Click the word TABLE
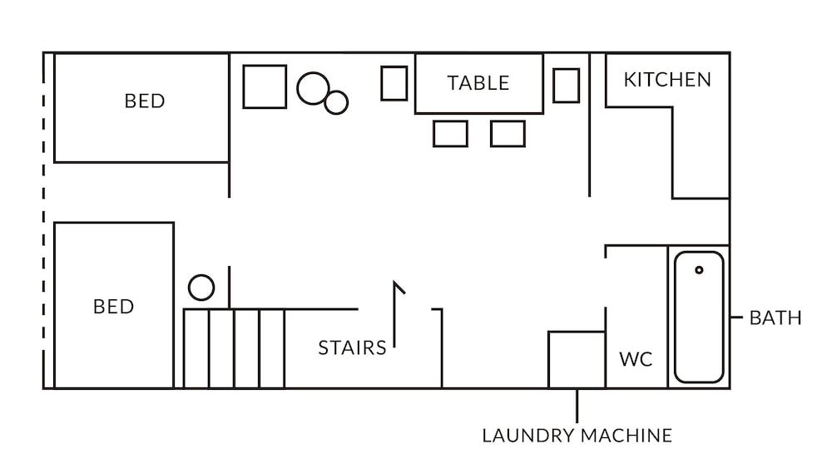click(478, 83)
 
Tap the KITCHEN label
click(667, 80)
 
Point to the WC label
click(636, 360)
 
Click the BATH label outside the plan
click(775, 318)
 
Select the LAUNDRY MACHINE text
click(577, 436)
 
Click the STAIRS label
click(352, 347)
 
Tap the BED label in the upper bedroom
click(145, 101)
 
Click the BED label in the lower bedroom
click(114, 307)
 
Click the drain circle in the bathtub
click(699, 270)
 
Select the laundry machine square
click(576, 359)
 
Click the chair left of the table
click(394, 83)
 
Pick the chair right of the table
click(566, 85)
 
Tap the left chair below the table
click(450, 134)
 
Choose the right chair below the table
click(508, 134)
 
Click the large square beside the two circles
click(265, 86)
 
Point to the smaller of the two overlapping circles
click(336, 102)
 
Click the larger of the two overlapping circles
click(313, 89)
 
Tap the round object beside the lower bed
click(201, 288)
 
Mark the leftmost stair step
click(196, 348)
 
